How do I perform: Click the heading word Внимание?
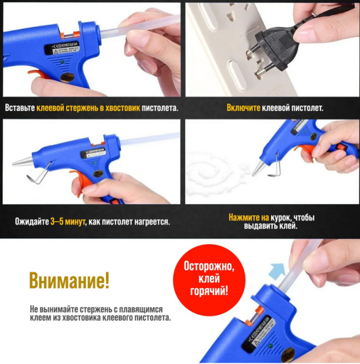tap(69, 281)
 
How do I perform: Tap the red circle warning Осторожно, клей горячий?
tap(209, 279)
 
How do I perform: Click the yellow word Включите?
tap(243, 108)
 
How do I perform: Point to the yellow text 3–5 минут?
tap(68, 222)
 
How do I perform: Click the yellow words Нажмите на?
tap(248, 218)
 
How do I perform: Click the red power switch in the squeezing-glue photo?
tap(341, 147)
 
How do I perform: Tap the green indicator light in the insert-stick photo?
tap(62, 62)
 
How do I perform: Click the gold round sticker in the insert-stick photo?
tap(66, 77)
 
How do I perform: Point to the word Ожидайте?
tap(32, 222)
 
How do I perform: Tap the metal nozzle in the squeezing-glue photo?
tap(258, 168)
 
